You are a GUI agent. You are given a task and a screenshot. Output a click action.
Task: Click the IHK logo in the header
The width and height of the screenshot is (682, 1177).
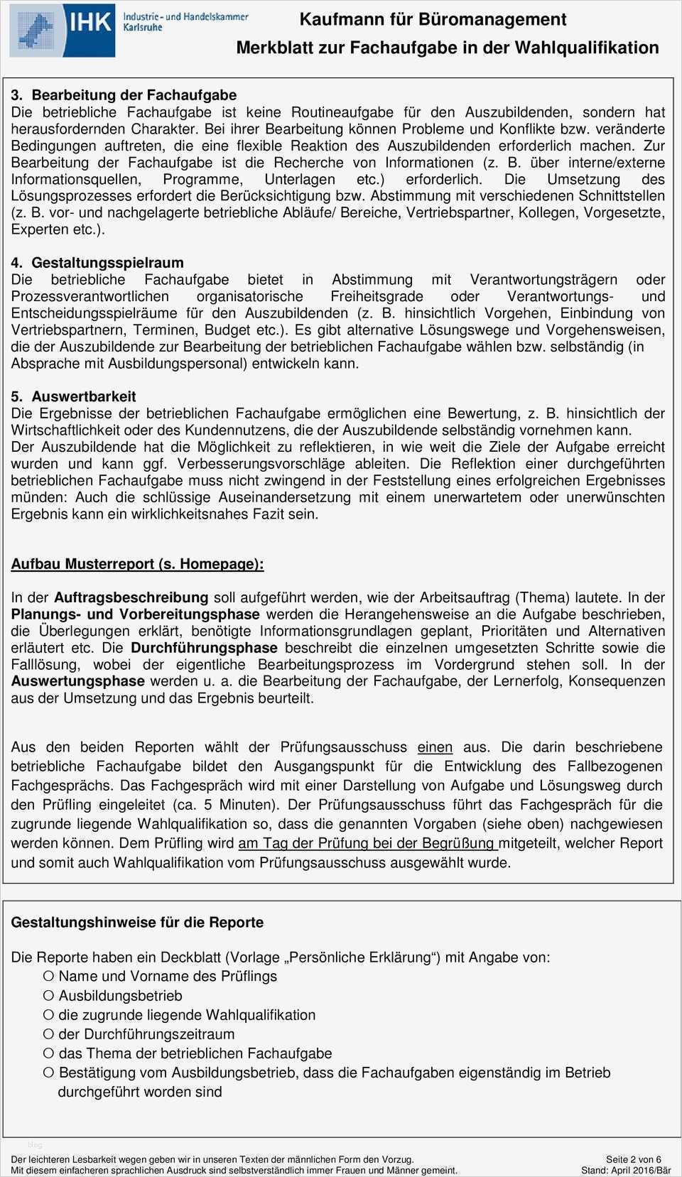pos(63,30)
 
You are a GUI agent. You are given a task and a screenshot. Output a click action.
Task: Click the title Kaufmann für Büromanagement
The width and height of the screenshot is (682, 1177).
pos(433,20)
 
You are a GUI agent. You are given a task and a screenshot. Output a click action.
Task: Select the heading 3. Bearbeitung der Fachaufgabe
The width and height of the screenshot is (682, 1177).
pos(124,95)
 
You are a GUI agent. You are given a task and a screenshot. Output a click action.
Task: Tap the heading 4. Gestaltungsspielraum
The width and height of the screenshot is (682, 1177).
pos(97,263)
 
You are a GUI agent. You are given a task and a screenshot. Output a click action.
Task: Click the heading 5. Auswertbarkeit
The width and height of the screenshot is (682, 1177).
pos(73,396)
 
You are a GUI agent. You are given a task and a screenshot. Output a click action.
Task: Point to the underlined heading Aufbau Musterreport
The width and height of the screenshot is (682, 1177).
pos(137,564)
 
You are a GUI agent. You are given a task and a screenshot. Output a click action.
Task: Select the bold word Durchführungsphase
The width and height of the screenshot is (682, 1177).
pos(204,648)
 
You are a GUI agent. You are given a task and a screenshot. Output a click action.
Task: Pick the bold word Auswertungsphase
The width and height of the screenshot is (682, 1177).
pos(78,681)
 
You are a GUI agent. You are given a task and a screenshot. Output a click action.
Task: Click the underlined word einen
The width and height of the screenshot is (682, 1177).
pos(435,747)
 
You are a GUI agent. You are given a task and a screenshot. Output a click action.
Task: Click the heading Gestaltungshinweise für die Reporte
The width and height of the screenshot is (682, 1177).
pos(137,923)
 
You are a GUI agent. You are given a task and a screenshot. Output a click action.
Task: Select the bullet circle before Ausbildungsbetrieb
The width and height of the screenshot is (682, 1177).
pos(48,996)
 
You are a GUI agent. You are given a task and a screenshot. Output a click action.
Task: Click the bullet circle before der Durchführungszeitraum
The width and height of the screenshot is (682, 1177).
pos(48,1034)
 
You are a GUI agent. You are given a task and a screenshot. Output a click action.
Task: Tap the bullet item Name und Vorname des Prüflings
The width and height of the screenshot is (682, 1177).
pos(168,977)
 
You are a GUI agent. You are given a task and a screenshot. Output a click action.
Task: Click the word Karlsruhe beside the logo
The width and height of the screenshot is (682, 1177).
pos(143,28)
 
